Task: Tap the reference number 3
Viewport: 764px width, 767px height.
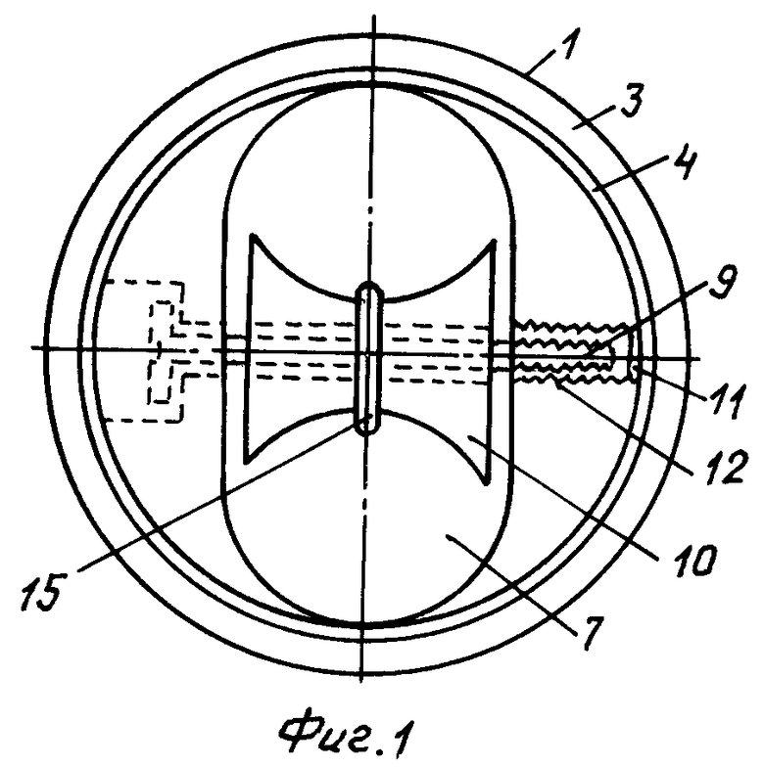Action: point(632,100)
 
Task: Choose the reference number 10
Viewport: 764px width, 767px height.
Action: point(694,558)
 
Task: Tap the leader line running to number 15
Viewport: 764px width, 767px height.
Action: point(221,493)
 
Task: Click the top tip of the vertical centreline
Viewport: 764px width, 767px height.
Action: point(374,16)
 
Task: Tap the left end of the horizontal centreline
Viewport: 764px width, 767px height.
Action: point(31,348)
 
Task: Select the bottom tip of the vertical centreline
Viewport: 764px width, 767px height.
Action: point(360,681)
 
